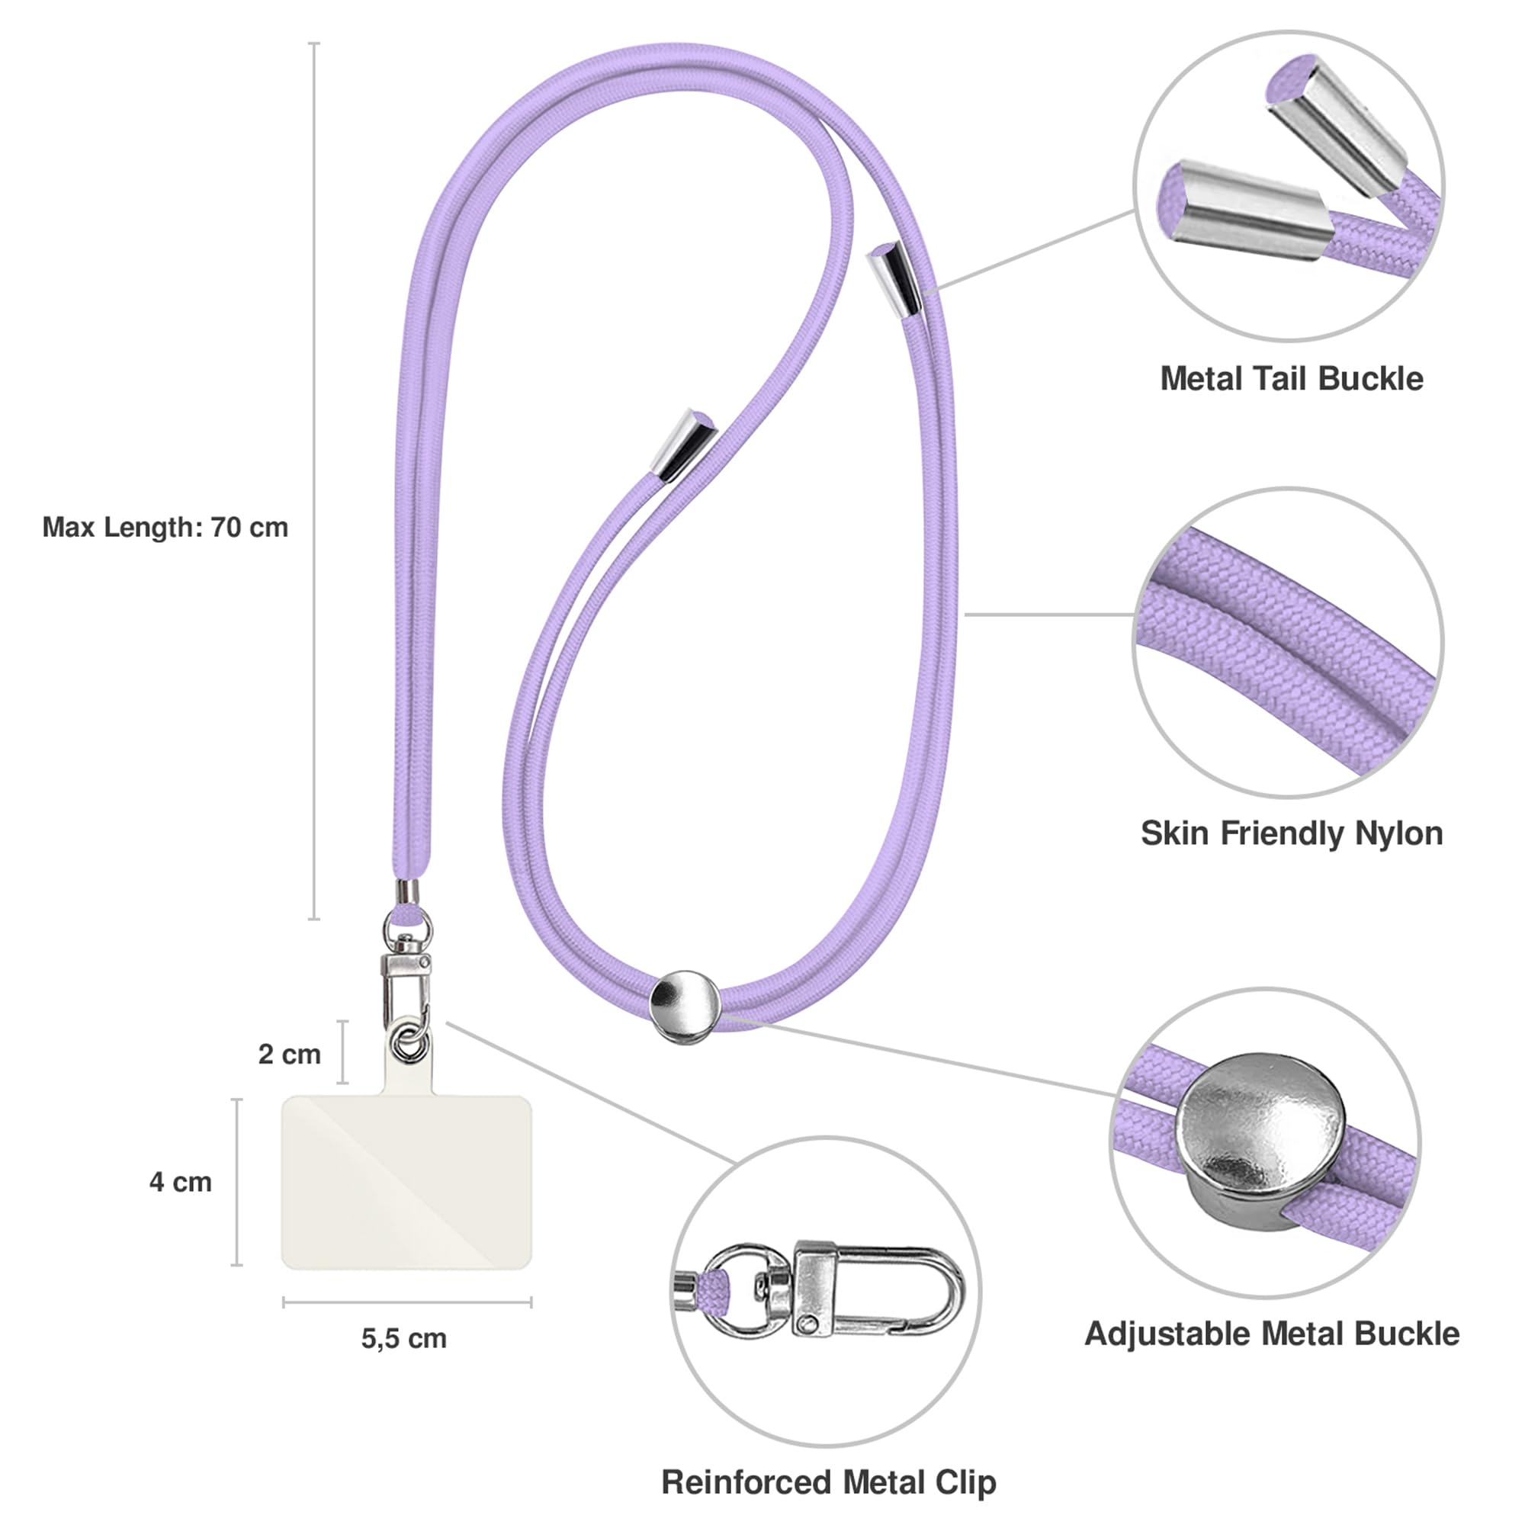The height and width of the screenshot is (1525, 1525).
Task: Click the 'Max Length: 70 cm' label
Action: coord(165,528)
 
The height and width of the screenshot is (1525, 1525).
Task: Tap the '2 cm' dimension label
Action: coord(290,1054)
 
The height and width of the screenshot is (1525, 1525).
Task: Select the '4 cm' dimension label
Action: coord(181,1182)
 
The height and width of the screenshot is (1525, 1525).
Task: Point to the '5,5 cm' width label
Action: coord(404,1338)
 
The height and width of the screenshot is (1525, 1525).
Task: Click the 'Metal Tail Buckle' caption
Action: coord(1292,379)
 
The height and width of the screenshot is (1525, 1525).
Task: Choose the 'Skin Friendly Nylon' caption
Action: coord(1292,833)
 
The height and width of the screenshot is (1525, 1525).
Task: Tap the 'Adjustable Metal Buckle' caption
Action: coord(1272,1334)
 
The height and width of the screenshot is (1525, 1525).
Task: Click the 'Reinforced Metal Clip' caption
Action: coord(829,1482)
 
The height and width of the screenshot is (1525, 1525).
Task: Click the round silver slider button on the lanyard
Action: coord(685,1006)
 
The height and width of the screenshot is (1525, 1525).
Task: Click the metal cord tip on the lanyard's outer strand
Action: coord(894,278)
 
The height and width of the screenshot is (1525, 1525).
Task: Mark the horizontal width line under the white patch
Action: coord(407,1302)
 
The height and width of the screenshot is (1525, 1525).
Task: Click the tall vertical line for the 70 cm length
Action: coord(314,480)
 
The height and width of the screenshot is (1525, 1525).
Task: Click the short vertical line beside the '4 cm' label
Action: coord(237,1182)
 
